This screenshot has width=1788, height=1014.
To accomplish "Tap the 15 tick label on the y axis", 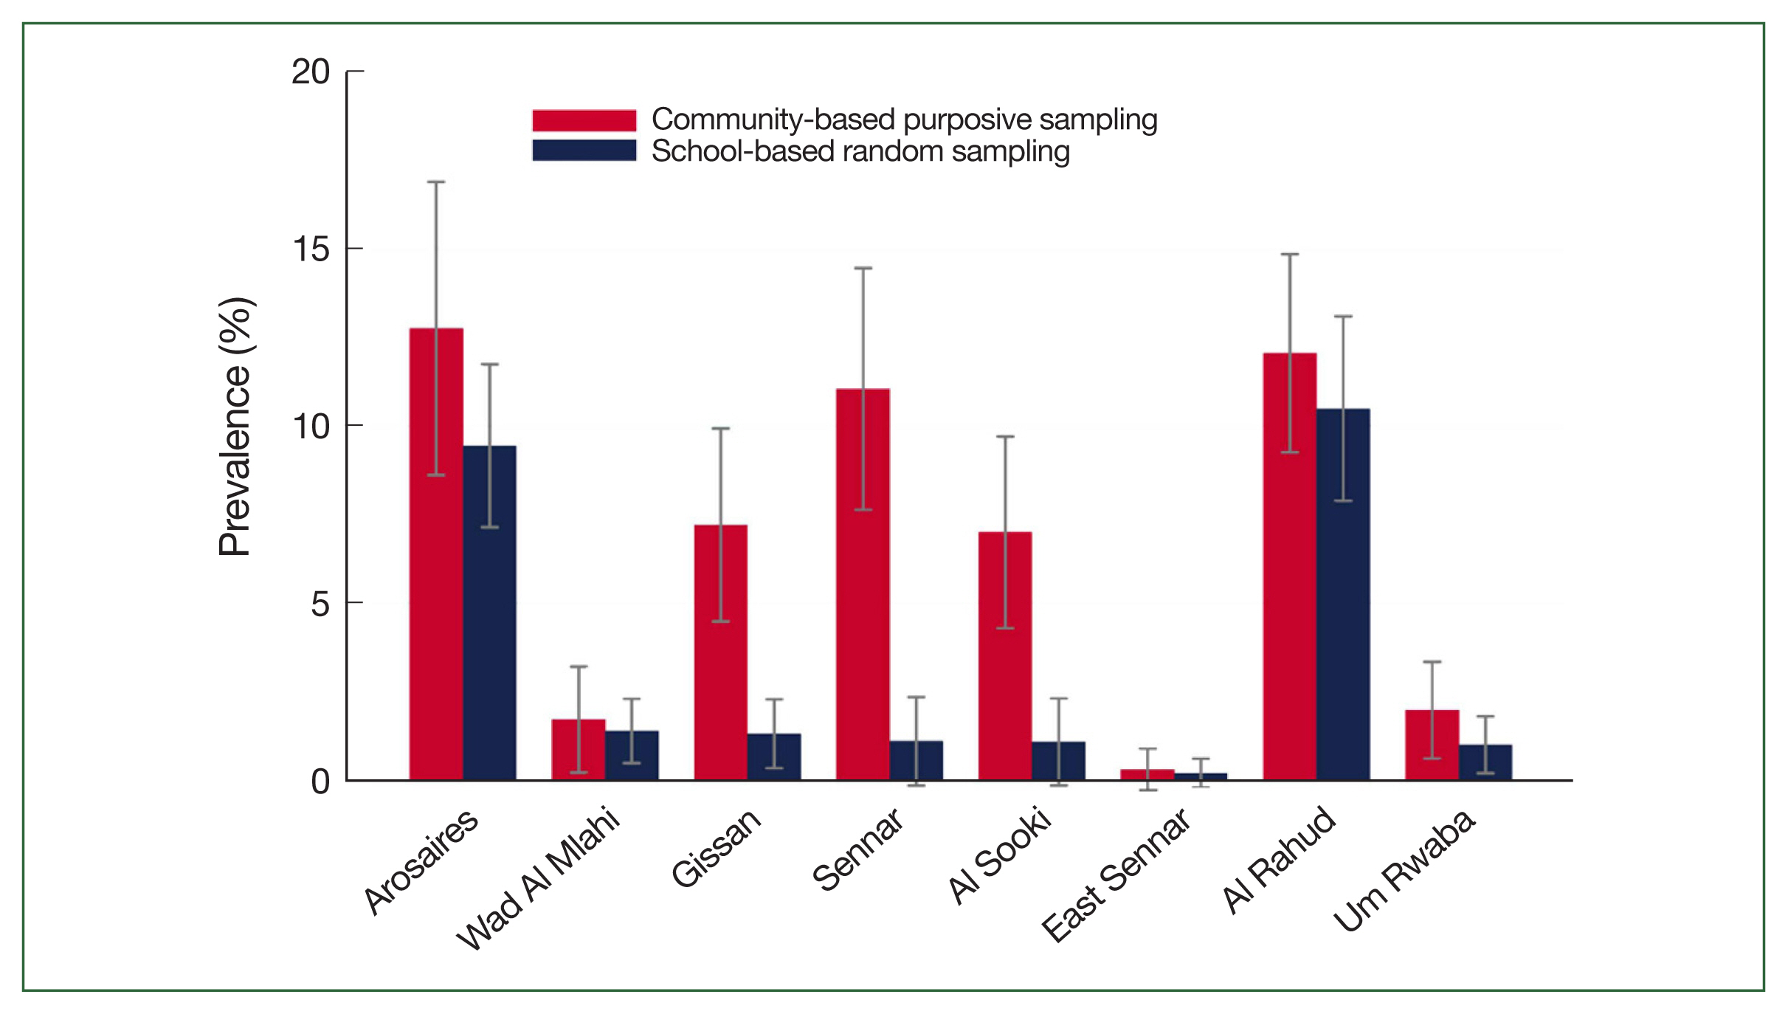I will tap(311, 249).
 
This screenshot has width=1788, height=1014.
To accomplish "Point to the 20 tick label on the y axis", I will tap(311, 72).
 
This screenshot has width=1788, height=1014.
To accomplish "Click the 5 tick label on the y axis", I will tap(320, 604).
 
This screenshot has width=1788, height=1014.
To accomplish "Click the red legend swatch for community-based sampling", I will tap(584, 120).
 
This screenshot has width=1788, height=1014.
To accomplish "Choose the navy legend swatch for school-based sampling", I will tap(584, 151).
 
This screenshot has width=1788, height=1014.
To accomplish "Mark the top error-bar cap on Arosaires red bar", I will tap(436, 182).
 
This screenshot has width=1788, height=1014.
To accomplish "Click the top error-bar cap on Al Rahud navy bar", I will tap(1343, 317).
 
